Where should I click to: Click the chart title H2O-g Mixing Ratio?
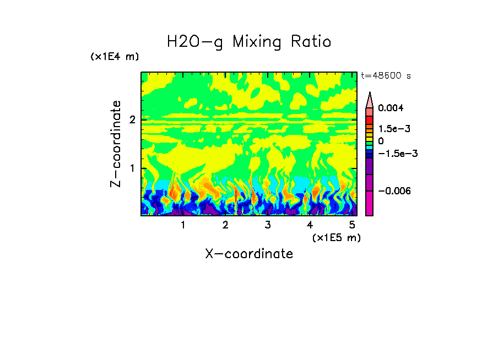tap(249, 41)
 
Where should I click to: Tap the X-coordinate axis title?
tap(249, 254)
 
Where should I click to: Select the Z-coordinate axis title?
tap(116, 144)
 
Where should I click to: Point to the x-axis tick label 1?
tap(183, 225)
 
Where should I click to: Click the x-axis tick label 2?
tap(225, 225)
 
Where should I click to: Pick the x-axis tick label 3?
tap(267, 225)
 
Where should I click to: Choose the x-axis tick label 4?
tap(310, 225)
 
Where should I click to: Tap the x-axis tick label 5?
tap(352, 225)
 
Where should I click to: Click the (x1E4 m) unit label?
tap(115, 57)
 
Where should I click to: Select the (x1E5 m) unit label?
tap(336, 237)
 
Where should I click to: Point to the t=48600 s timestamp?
tap(386, 76)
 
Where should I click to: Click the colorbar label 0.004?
tap(390, 108)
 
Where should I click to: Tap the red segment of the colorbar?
tap(369, 120)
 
